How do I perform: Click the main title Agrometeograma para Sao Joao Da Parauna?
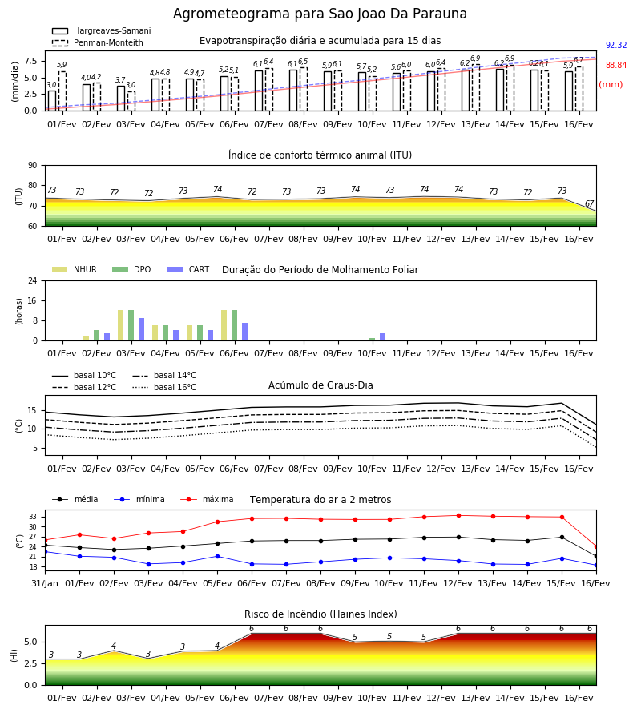(320, 14)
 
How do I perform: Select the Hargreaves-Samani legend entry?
(101, 30)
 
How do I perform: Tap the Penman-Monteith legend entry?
(98, 42)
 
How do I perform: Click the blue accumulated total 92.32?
(616, 45)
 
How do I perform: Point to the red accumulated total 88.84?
(616, 66)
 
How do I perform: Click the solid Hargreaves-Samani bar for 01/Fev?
(52, 101)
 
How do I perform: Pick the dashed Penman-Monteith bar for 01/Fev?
(62, 91)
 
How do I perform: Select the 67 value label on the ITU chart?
(589, 203)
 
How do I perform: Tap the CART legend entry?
(188, 269)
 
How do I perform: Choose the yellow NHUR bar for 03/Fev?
(120, 325)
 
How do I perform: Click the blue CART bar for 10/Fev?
(382, 337)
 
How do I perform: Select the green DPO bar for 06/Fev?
(235, 325)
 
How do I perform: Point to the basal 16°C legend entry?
(164, 387)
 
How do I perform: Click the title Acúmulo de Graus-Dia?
(320, 385)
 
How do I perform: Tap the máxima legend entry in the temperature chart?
(207, 499)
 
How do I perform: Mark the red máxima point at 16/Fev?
(596, 546)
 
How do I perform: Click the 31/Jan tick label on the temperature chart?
(45, 583)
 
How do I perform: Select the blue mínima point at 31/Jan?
(46, 551)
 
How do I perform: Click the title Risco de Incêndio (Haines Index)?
(320, 614)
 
